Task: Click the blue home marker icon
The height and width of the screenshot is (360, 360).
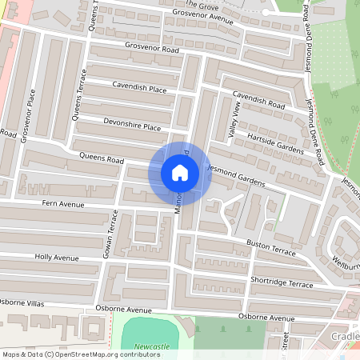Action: click(x=180, y=173)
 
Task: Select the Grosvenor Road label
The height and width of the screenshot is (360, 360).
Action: click(x=152, y=49)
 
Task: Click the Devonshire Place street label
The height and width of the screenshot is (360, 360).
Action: click(x=132, y=127)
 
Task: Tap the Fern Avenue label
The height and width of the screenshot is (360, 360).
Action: click(x=63, y=205)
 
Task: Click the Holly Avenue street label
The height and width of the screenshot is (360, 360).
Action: click(x=57, y=258)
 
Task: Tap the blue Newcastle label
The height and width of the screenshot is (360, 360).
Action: click(x=152, y=346)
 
